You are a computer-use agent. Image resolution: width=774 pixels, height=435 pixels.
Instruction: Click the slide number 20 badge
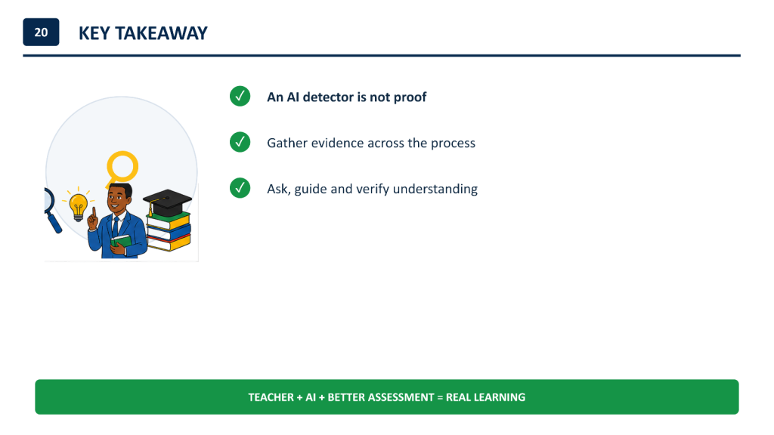point(41,32)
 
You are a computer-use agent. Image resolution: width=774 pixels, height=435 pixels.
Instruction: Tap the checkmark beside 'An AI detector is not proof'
point(240,96)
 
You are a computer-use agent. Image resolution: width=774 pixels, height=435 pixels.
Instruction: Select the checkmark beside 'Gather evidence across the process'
point(240,142)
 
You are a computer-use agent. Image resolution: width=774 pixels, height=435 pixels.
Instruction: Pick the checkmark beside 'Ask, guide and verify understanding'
point(240,188)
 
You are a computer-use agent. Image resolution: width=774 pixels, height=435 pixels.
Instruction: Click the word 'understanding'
point(435,190)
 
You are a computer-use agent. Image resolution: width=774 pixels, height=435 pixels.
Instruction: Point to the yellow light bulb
point(78,207)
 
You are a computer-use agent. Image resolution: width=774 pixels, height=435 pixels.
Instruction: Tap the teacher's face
point(119,199)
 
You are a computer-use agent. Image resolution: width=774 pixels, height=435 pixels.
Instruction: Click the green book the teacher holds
point(121,241)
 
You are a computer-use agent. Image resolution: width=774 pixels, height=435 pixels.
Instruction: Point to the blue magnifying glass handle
point(54,222)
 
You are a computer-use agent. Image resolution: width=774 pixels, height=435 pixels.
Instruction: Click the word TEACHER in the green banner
point(271,397)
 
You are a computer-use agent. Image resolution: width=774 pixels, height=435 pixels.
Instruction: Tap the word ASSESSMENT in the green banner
point(400,397)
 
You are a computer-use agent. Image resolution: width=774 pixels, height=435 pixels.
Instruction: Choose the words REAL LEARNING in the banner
point(486,397)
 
